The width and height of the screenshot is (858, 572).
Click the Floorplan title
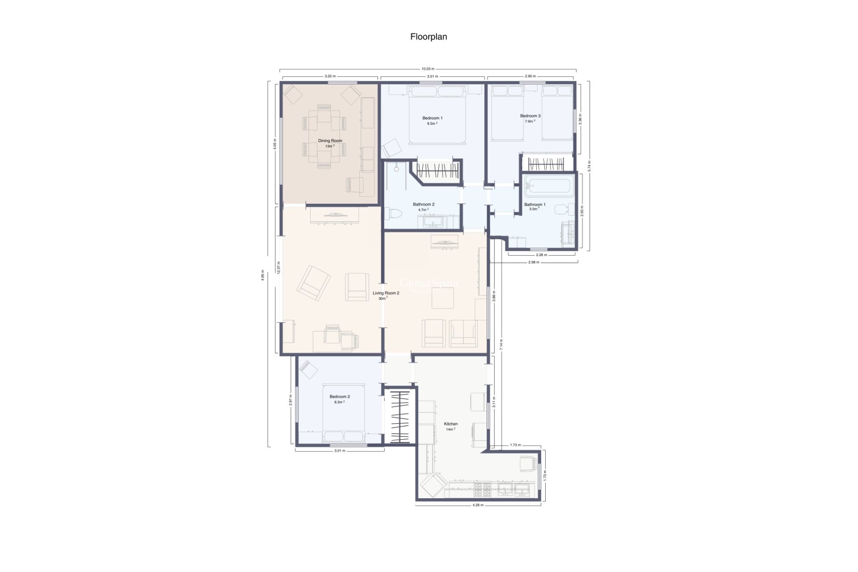429,37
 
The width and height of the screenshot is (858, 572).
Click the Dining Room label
330,141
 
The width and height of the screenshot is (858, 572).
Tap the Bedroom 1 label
432,118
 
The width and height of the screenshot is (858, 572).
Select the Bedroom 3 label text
530,116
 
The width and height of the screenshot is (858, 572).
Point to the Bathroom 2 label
423,204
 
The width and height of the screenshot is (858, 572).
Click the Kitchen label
450,424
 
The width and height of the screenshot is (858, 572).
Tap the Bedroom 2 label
340,396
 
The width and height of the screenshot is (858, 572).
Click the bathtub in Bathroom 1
549,186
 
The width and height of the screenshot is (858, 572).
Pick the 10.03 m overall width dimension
428,69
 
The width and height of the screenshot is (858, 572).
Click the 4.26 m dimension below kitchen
478,505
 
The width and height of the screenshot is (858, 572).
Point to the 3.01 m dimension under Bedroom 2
340,451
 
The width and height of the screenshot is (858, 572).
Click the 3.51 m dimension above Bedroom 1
432,76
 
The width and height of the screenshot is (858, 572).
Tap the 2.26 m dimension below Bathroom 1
541,255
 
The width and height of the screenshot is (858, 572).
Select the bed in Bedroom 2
343,413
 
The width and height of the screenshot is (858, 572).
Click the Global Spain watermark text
428,283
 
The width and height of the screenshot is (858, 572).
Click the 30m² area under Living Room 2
383,299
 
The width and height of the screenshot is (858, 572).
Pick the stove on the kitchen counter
482,490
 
